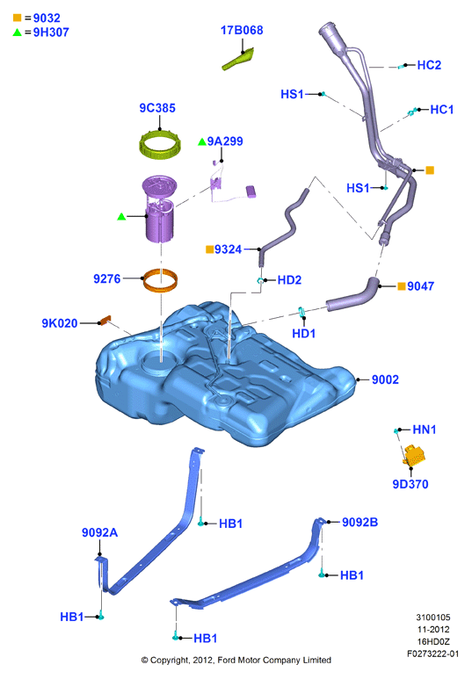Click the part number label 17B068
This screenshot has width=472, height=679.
point(242,31)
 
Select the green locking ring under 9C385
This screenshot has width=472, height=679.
point(159,146)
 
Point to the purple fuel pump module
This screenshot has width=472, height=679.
point(159,208)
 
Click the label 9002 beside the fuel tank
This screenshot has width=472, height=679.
point(385,379)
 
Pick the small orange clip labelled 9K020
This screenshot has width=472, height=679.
point(105,321)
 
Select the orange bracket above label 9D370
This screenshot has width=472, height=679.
point(414,456)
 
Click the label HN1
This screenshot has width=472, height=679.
point(425,430)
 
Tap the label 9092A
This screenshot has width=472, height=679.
point(99,532)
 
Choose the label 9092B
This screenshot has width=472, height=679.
point(359,523)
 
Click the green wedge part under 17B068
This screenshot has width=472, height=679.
point(238,59)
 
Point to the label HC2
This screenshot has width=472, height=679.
point(429,65)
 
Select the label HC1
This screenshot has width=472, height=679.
point(441,110)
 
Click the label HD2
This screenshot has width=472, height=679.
point(289,280)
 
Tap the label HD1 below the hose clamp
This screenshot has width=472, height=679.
point(303,334)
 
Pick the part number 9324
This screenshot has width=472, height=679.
point(228,249)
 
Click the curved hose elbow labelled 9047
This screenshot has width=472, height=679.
point(353,294)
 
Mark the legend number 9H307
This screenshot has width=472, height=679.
point(51,33)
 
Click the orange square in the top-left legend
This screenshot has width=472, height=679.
point(18,18)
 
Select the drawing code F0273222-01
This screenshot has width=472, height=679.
point(432,654)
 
